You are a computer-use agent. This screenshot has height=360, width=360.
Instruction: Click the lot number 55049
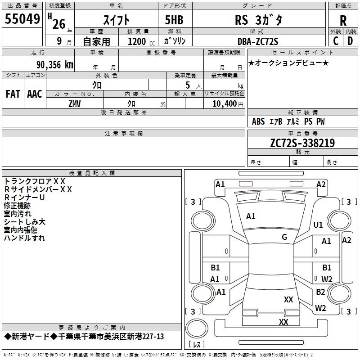[22, 19]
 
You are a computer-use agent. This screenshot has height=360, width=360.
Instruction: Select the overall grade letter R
[343, 21]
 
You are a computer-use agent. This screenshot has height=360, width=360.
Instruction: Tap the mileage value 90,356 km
[55, 65]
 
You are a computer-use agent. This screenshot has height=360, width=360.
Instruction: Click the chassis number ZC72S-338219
[302, 143]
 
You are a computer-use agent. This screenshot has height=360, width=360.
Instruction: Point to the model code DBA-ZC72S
[258, 41]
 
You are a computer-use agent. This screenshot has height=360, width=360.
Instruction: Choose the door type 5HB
[174, 20]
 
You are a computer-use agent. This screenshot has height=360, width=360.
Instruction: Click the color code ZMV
[75, 104]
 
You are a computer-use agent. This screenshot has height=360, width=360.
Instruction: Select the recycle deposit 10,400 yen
[228, 104]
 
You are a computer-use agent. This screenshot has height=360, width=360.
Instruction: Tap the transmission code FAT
[13, 94]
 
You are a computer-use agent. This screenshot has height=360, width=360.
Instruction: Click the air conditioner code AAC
[35, 94]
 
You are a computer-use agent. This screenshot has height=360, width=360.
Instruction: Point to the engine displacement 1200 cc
[141, 41]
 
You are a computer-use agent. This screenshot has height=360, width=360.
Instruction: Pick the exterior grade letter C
[336, 41]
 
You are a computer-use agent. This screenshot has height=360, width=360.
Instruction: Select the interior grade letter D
[350, 41]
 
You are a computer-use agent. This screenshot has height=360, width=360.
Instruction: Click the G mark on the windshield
[284, 237]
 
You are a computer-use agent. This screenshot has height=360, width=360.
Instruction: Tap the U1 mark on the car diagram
[318, 225]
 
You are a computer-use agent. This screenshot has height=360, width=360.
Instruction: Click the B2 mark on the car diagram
[320, 292]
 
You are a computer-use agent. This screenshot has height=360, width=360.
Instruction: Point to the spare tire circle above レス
[197, 328]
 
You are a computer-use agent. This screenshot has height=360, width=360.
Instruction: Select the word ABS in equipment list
[258, 121]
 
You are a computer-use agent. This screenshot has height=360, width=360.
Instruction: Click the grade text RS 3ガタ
[258, 20]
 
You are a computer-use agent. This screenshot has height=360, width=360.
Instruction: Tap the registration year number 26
[59, 24]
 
